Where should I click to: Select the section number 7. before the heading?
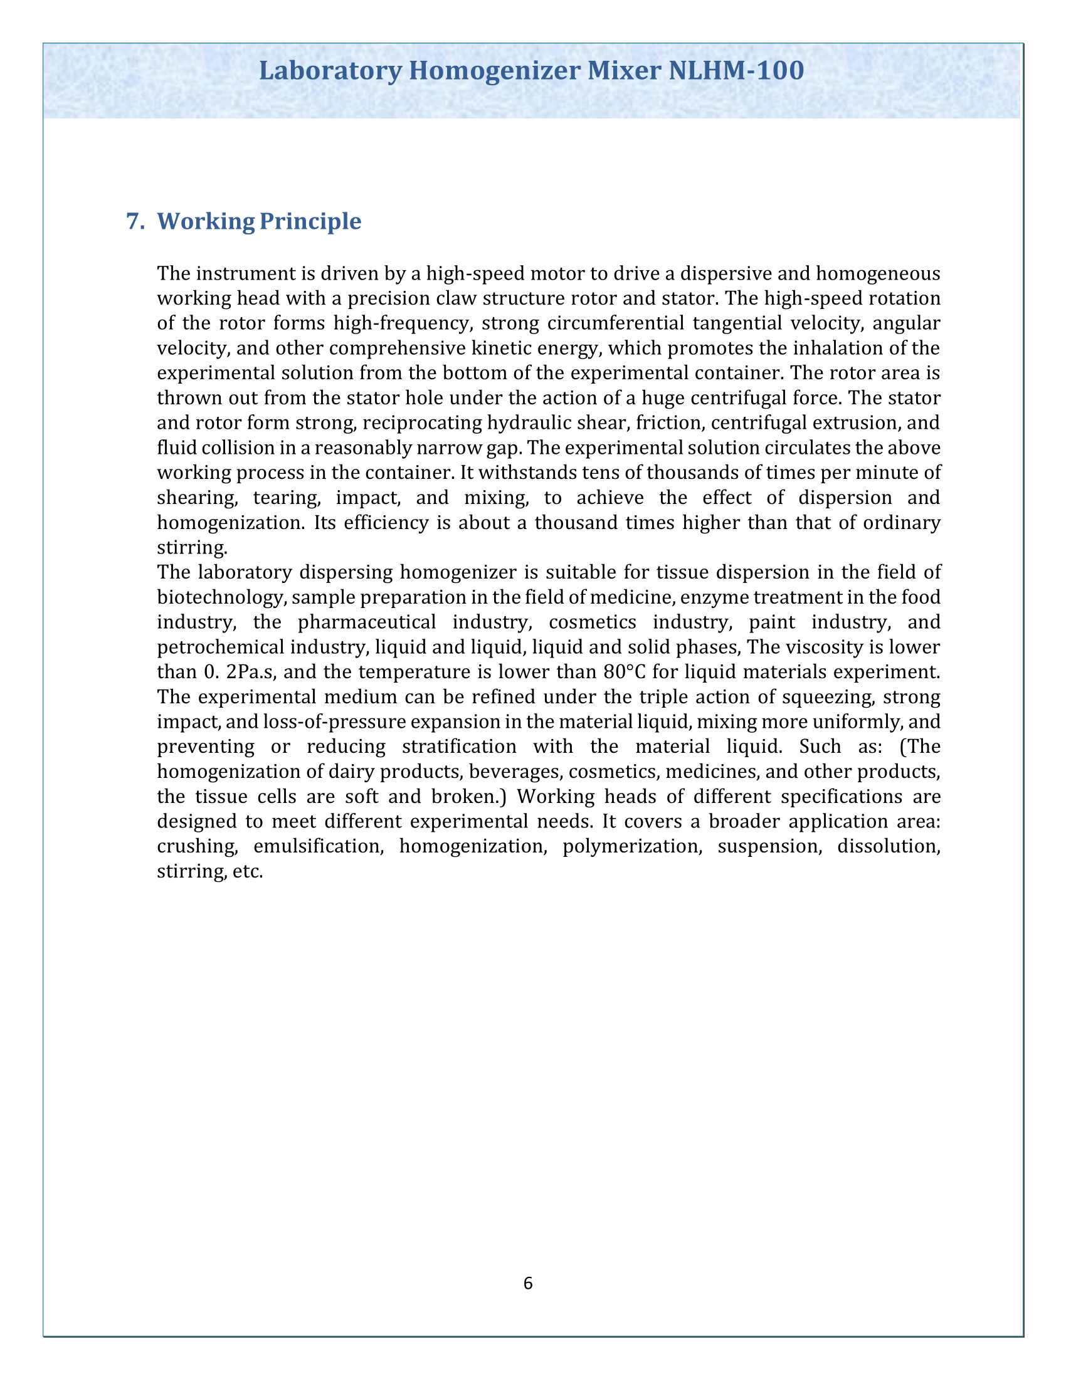(x=136, y=221)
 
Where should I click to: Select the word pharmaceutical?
(x=367, y=622)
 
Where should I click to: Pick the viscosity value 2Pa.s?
(x=251, y=672)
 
